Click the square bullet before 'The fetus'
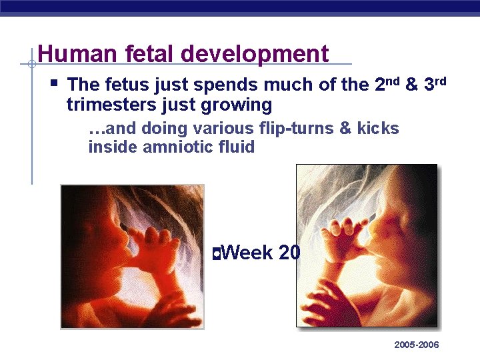[55, 84]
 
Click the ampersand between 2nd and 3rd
[411, 85]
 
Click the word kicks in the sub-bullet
[378, 128]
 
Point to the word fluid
[236, 147]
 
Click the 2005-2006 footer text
[417, 345]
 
